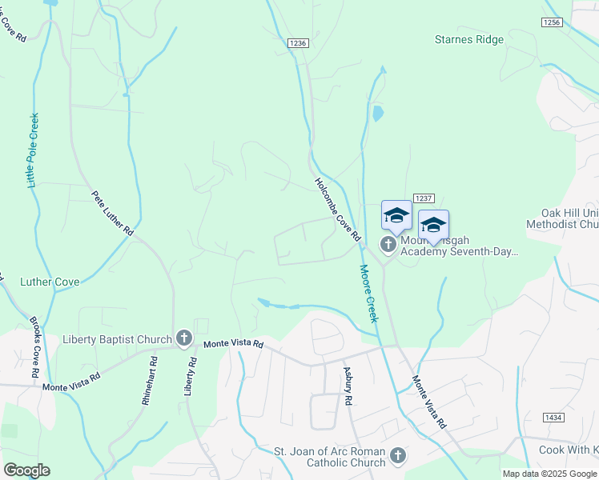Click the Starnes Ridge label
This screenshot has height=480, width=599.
pyautogui.click(x=469, y=39)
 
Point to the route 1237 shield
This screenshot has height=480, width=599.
pyautogui.click(x=423, y=198)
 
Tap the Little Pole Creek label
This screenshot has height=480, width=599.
pyautogui.click(x=34, y=150)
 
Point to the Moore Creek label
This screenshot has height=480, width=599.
pyautogui.click(x=368, y=294)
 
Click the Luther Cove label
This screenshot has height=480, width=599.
pyautogui.click(x=50, y=282)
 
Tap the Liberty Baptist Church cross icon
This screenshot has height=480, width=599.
pyautogui.click(x=183, y=338)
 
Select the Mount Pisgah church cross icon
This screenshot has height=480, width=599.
pyautogui.click(x=388, y=244)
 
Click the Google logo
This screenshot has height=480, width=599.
pyautogui.click(x=26, y=470)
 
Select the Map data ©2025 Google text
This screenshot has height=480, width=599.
pyautogui.click(x=550, y=474)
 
